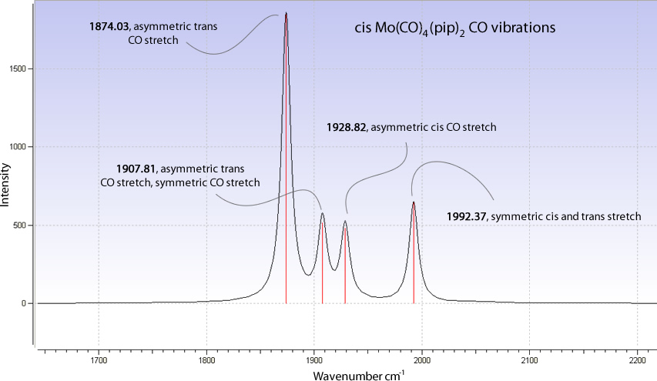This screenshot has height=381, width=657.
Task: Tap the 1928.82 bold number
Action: (x=347, y=127)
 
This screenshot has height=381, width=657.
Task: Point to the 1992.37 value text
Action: (x=467, y=217)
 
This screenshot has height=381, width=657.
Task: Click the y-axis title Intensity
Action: (x=7, y=184)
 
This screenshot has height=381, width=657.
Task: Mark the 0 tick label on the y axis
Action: (x=26, y=303)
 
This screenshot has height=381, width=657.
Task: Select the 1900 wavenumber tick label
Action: (x=314, y=359)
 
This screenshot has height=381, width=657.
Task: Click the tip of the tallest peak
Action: (x=287, y=13)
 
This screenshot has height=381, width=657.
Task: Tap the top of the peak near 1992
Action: (x=414, y=202)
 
